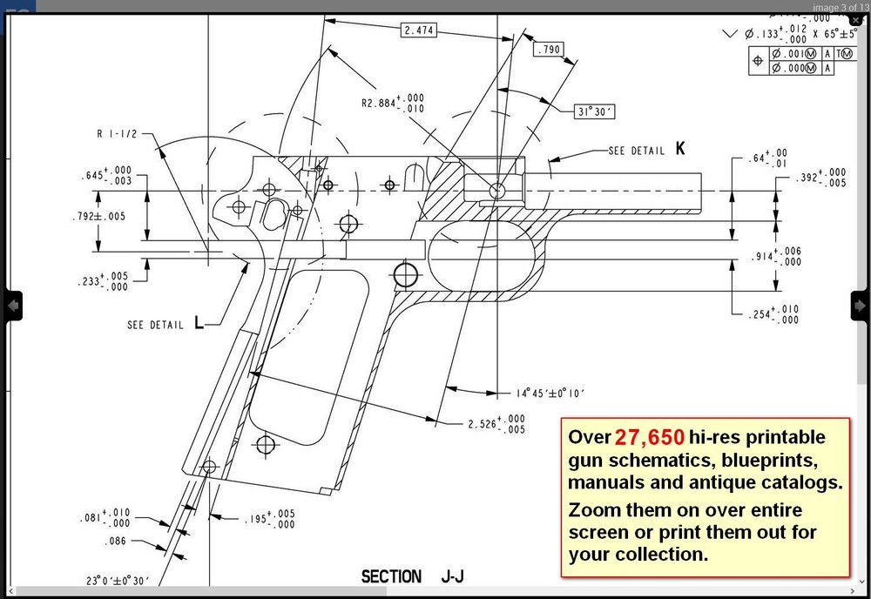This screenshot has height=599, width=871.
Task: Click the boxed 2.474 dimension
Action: click(x=418, y=30)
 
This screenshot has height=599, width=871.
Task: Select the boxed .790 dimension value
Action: click(x=549, y=50)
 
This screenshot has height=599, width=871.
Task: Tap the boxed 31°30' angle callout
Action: click(x=595, y=111)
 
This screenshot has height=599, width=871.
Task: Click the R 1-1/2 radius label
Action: click(x=117, y=135)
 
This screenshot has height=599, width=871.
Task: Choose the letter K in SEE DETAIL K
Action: click(x=680, y=150)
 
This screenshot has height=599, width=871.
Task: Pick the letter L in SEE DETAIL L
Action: click(x=199, y=324)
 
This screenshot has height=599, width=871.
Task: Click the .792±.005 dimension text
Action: click(x=98, y=216)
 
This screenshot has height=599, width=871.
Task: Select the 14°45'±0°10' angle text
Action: click(x=550, y=393)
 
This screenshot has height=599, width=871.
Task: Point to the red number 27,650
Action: click(x=649, y=437)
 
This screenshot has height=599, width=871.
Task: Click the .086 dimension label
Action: click(x=117, y=541)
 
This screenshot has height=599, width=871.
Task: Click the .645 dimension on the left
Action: click(x=106, y=176)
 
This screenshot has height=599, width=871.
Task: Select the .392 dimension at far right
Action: click(x=820, y=178)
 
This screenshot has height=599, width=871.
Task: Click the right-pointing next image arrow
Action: click(x=860, y=305)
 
